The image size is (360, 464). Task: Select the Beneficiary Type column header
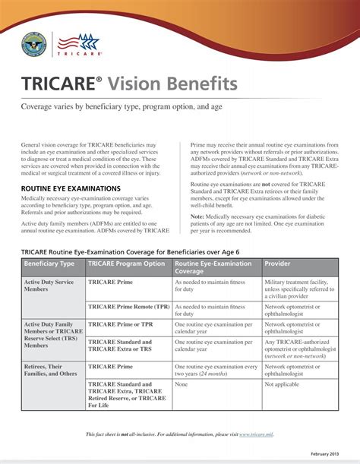[x=49, y=264]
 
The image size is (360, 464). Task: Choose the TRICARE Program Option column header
[x=127, y=264]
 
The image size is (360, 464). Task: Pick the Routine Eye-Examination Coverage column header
[x=213, y=267]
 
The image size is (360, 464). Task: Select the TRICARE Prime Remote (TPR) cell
[x=129, y=307]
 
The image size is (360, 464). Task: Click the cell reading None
[x=182, y=384]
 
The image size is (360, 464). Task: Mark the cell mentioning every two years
[x=216, y=370]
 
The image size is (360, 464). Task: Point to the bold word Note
[x=197, y=216]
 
